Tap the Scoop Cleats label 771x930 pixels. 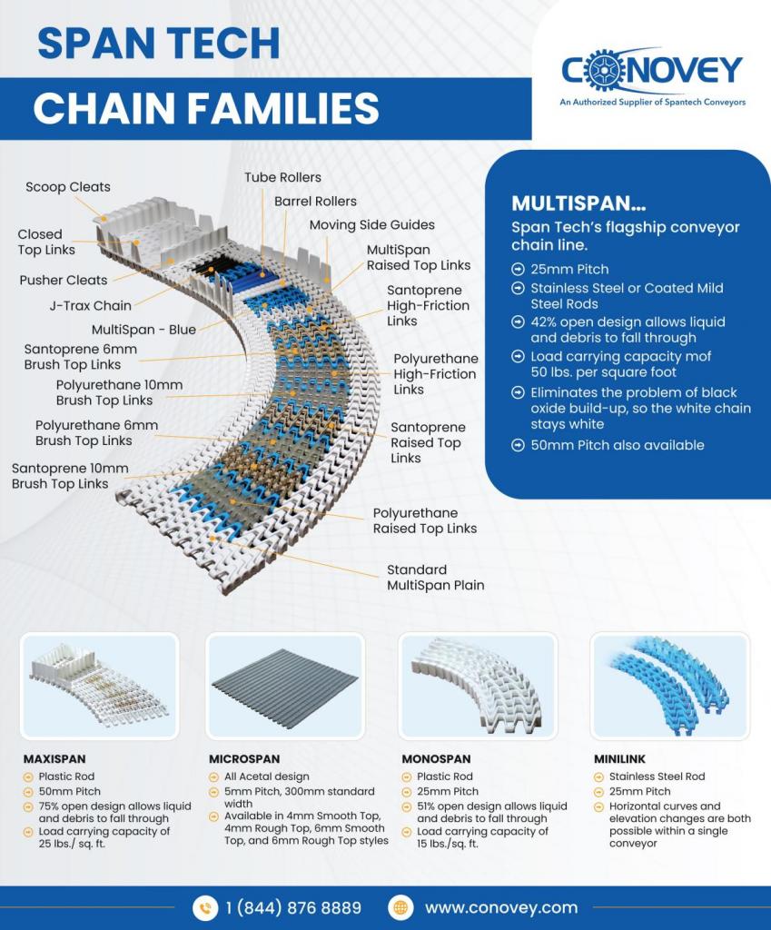point(67,187)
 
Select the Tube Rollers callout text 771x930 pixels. point(283,177)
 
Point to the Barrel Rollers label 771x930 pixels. point(315,201)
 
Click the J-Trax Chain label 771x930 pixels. point(91,305)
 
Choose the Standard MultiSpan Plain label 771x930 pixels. point(435,577)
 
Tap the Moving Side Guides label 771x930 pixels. point(371,225)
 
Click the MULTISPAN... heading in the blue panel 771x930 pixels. point(578,203)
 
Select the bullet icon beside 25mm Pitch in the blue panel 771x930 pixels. point(518,269)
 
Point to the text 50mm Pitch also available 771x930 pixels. point(618,445)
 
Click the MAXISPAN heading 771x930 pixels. point(54,758)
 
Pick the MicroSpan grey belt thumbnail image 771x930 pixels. point(285,686)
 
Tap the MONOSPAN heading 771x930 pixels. point(436,758)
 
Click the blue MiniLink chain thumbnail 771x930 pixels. point(669,686)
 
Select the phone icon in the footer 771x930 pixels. point(205,908)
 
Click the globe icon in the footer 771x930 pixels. point(400,908)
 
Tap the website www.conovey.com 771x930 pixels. point(501,908)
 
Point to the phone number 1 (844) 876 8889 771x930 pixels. point(293,908)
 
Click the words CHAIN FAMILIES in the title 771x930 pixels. point(206,108)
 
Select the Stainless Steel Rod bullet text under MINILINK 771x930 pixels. point(657,777)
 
